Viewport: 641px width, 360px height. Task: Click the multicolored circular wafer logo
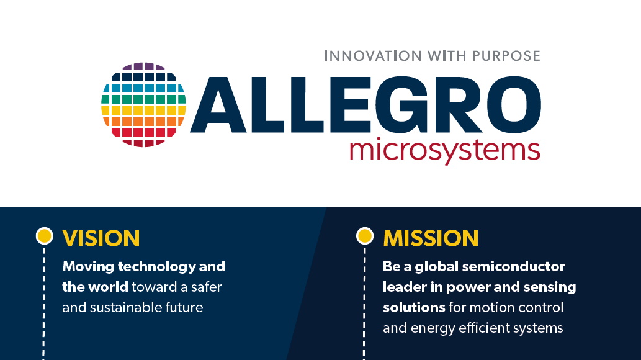(x=143, y=105)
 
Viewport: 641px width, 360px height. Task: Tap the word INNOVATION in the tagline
(x=373, y=56)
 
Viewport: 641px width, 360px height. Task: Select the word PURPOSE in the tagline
(x=506, y=56)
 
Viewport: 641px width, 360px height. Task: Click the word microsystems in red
(x=445, y=151)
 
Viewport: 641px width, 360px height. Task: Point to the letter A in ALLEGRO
(x=218, y=105)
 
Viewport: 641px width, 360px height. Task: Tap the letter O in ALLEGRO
(x=511, y=105)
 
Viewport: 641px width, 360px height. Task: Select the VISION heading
(x=101, y=238)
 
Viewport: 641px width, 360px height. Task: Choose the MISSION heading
(x=431, y=238)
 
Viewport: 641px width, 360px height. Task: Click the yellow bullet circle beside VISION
(x=45, y=236)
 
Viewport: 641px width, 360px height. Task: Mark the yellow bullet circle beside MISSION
(x=365, y=236)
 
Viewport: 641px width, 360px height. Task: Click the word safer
(x=206, y=287)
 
